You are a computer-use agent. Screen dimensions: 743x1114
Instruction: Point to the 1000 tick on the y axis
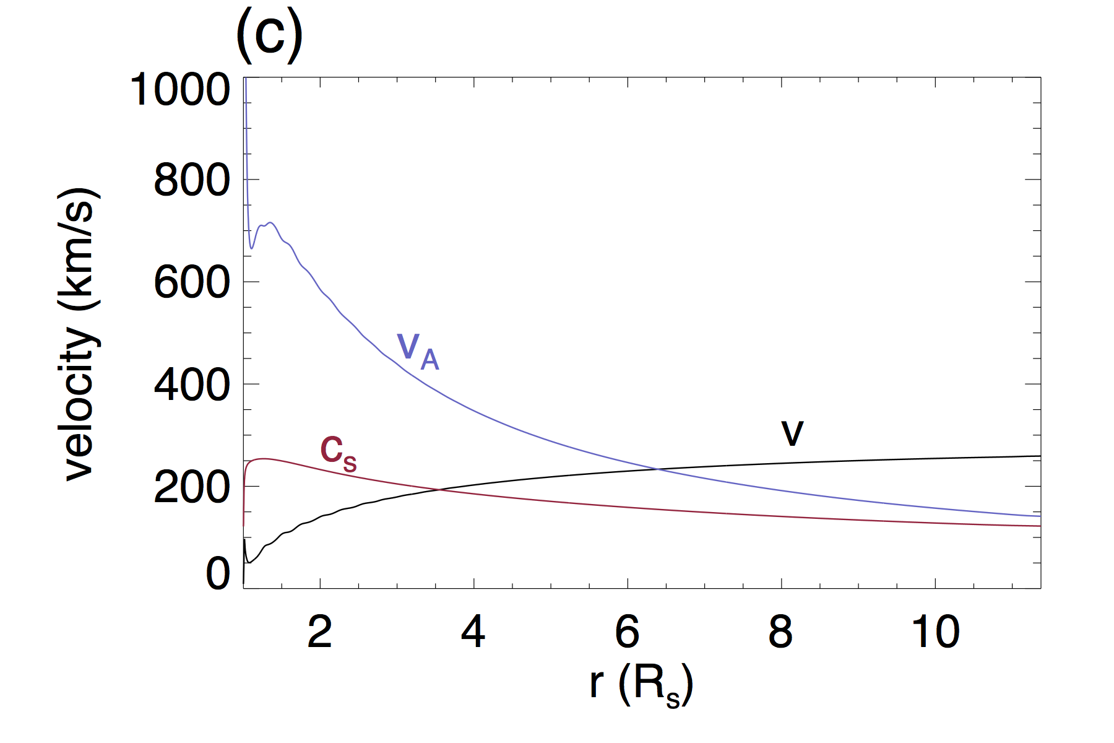[180, 90]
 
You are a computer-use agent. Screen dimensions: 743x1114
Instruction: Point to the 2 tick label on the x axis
[320, 632]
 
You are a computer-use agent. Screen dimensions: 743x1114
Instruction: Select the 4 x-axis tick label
[473, 632]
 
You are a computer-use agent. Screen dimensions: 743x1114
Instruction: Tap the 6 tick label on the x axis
[627, 632]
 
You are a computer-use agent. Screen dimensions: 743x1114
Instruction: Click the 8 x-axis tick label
[780, 632]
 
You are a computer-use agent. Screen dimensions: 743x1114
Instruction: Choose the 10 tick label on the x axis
[935, 632]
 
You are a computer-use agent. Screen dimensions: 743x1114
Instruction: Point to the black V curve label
[792, 432]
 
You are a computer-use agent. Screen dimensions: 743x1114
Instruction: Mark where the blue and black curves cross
[658, 469]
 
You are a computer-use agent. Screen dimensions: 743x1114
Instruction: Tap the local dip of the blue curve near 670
[251, 248]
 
